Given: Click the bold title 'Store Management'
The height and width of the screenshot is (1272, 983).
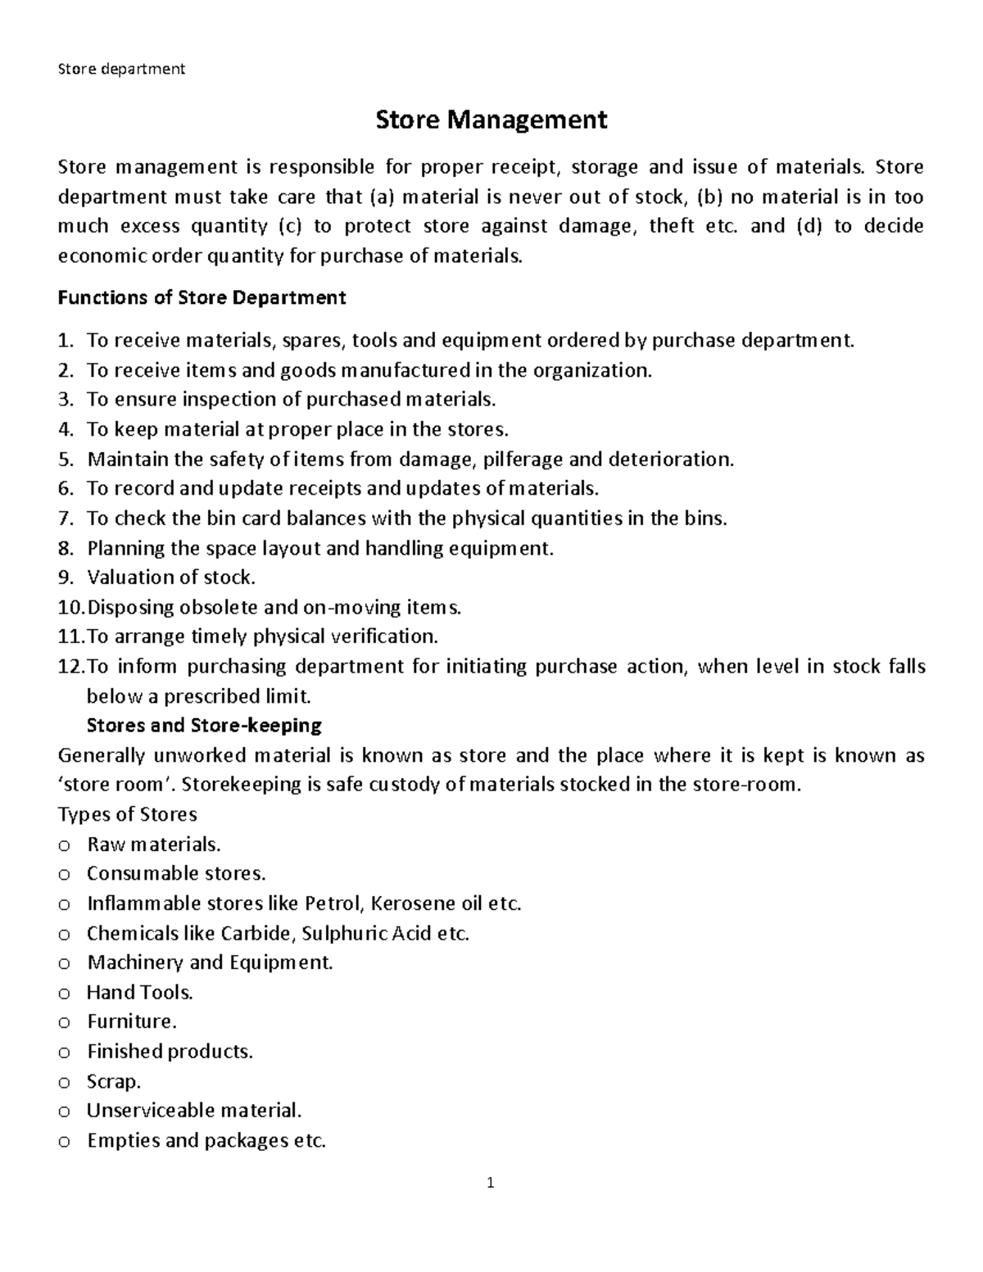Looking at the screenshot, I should click(x=491, y=120).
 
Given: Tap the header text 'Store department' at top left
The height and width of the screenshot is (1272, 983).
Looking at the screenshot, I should click(x=121, y=69).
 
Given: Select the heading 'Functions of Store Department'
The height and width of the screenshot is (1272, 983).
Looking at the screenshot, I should click(x=202, y=297).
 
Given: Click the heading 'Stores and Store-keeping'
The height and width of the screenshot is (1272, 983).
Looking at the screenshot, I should click(x=204, y=725).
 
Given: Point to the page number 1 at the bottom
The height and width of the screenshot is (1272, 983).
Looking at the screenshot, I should click(x=491, y=1183).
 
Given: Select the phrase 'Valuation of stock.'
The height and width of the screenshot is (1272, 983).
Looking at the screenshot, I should click(x=171, y=577).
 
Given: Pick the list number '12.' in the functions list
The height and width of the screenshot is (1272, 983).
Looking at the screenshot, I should click(x=70, y=666).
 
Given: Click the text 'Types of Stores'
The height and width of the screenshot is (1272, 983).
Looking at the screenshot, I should click(x=127, y=814).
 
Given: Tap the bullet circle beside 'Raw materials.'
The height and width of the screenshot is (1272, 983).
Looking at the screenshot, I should click(x=65, y=845).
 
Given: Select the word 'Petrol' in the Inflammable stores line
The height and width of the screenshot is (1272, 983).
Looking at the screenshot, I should click(x=332, y=903).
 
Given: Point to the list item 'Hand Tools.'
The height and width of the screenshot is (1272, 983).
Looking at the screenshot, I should click(x=140, y=993).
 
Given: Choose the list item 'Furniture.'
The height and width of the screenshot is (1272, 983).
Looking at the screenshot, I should click(x=132, y=1022).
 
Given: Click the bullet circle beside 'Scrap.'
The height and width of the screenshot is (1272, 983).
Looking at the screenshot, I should click(x=65, y=1082).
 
